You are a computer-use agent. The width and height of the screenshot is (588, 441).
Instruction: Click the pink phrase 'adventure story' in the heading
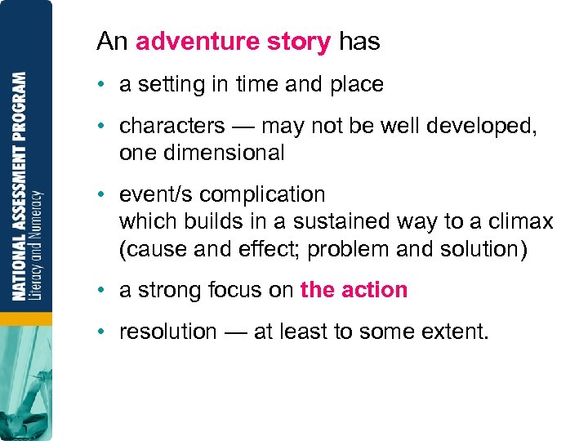[x=233, y=42]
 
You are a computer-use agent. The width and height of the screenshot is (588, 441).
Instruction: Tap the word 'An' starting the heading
[x=112, y=42]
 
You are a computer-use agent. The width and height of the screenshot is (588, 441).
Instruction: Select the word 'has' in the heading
[x=359, y=42]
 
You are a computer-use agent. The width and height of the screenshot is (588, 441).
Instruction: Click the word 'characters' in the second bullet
[x=171, y=126]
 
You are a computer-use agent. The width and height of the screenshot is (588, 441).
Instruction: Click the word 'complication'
[x=262, y=195]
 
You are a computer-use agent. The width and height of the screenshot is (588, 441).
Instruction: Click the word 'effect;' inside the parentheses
[x=266, y=248]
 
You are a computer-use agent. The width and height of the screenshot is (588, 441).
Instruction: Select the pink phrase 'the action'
[x=354, y=290]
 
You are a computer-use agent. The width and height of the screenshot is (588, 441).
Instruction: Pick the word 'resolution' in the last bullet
[x=168, y=332]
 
